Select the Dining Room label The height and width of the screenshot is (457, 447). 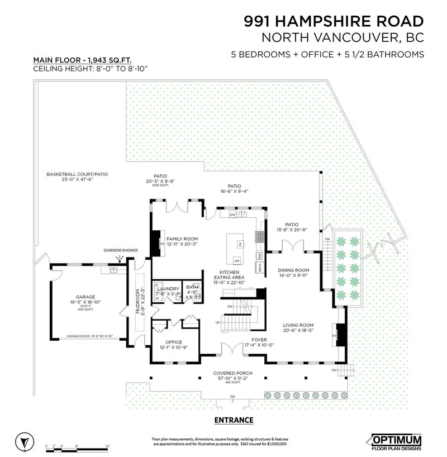(293, 270)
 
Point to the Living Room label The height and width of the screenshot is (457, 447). (298, 325)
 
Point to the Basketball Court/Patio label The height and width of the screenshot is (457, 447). (77, 174)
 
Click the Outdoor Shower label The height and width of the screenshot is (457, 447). (118, 250)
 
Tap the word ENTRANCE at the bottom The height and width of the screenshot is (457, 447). (234, 420)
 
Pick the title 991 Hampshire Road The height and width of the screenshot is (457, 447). (334, 22)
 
